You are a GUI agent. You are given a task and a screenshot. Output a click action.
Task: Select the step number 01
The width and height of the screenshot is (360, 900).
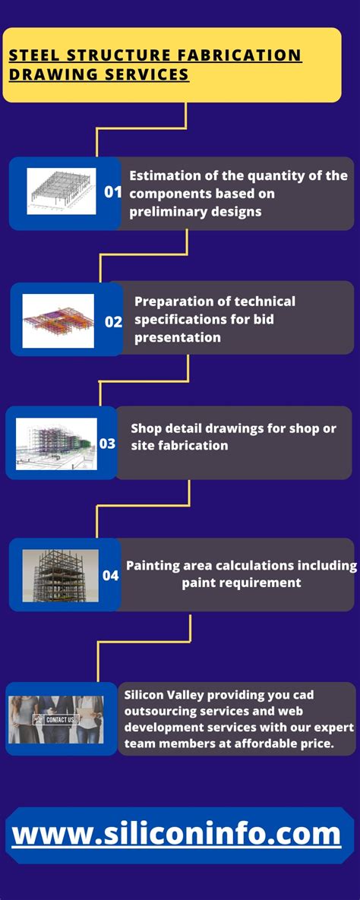coord(112,192)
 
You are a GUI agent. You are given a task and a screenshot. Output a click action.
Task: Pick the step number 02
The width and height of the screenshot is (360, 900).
coord(113,322)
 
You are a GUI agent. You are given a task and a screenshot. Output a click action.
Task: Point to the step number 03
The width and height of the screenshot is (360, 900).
coord(107,444)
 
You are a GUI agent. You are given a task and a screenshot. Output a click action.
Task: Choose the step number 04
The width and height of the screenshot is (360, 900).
coord(110,574)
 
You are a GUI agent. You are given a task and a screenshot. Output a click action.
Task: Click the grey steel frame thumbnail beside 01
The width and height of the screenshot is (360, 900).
coord(62,191)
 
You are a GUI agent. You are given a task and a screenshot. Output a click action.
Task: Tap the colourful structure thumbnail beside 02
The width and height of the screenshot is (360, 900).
coord(58,321)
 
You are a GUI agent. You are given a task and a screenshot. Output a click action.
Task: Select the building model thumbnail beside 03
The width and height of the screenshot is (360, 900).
coord(56,444)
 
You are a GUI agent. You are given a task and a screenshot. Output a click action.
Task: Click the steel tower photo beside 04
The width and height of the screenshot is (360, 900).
coord(60,576)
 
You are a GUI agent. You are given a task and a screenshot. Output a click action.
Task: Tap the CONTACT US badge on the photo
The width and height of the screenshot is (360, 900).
coord(55,720)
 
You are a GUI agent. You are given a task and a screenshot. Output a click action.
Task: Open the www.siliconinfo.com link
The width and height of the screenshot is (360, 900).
coord(176,834)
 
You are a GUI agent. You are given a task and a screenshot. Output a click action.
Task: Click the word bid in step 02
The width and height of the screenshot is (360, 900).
coord(264,319)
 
